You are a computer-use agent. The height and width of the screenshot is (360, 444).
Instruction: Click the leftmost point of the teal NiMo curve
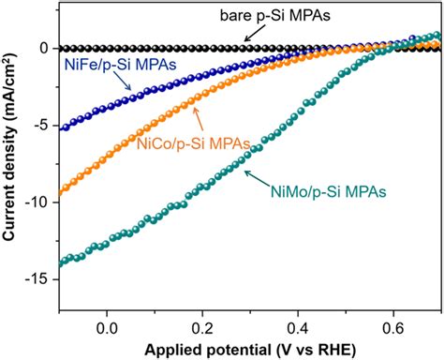pyautogui.click(x=61, y=264)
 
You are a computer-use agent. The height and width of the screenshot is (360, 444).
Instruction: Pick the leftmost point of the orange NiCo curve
pyautogui.click(x=61, y=193)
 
